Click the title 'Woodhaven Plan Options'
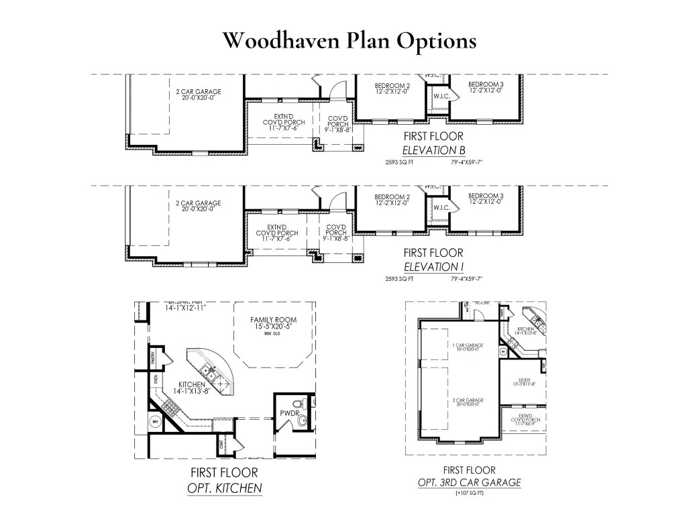[349, 40]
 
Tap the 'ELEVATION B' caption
[433, 150]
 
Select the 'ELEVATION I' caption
[433, 266]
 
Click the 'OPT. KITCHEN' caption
[224, 488]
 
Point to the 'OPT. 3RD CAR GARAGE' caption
[469, 482]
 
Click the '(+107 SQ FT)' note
[469, 493]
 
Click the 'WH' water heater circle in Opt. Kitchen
[154, 422]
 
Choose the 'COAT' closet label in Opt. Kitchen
[221, 444]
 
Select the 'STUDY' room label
[524, 379]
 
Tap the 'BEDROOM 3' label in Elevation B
[486, 85]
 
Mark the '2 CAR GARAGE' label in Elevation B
[198, 92]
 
